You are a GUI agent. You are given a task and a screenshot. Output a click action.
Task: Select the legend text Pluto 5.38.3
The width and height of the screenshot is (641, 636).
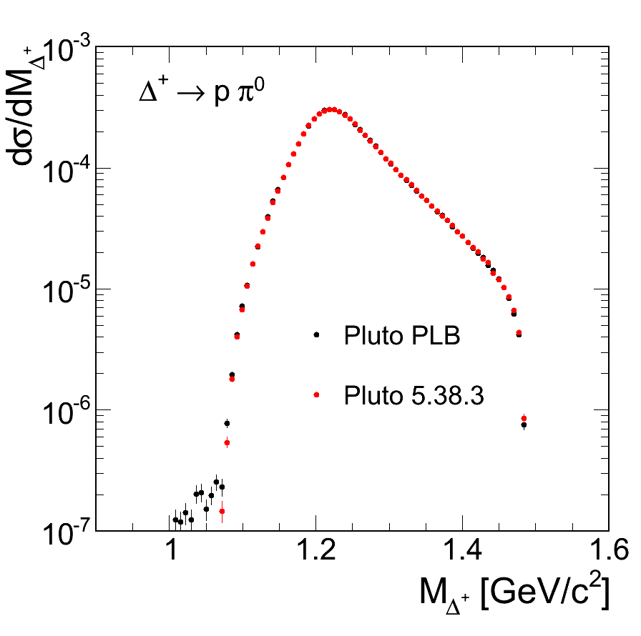pos(414,394)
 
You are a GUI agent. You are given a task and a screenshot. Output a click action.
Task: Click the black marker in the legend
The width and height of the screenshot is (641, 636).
pos(315,334)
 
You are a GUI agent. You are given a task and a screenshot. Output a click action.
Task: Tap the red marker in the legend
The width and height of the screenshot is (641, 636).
pos(315,394)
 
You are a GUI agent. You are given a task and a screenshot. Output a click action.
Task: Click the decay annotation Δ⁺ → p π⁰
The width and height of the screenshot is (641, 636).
pos(202,94)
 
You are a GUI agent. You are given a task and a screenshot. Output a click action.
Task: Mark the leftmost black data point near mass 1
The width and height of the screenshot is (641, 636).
pos(175,520)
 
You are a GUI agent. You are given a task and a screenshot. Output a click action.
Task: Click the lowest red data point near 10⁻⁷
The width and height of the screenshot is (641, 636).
pos(222,511)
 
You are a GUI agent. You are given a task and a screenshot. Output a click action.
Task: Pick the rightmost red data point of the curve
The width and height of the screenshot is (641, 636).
pos(524,418)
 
